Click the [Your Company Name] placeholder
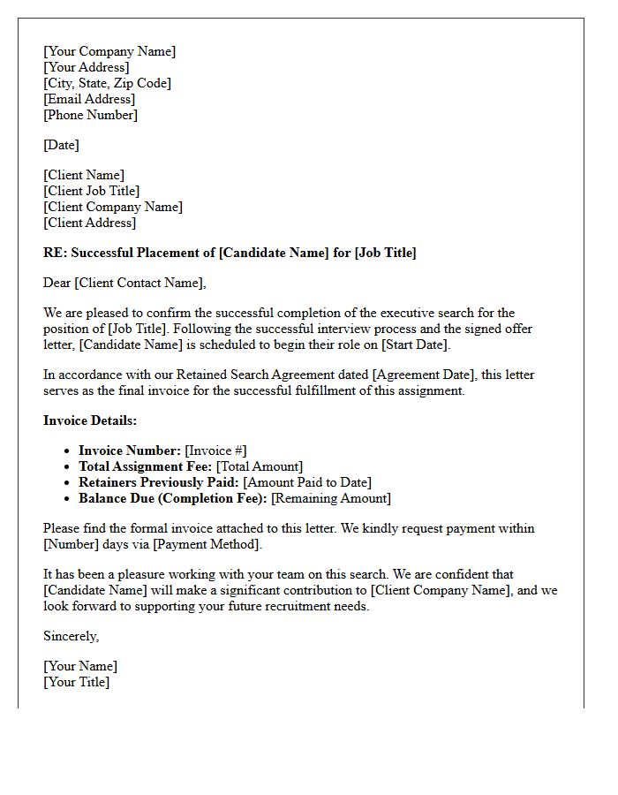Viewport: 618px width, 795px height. coord(109,51)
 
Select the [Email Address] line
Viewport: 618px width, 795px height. coord(89,99)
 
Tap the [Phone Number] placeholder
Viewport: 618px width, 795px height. coord(90,115)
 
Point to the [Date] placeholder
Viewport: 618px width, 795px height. coord(61,145)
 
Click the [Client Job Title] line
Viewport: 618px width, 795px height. coord(92,191)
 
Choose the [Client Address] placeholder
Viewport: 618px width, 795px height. coord(89,223)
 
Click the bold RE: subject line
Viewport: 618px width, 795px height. coord(230,253)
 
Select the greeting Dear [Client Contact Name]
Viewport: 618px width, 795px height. coord(124,283)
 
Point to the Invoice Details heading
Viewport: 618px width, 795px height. coord(90,420)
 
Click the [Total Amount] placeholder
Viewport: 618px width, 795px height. coord(260,466)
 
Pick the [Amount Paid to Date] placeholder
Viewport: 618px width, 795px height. coord(307,482)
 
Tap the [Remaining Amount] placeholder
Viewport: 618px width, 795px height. coord(331,498)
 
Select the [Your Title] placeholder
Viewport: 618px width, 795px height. coord(77,682)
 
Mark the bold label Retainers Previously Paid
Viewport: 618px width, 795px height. coord(159,482)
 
